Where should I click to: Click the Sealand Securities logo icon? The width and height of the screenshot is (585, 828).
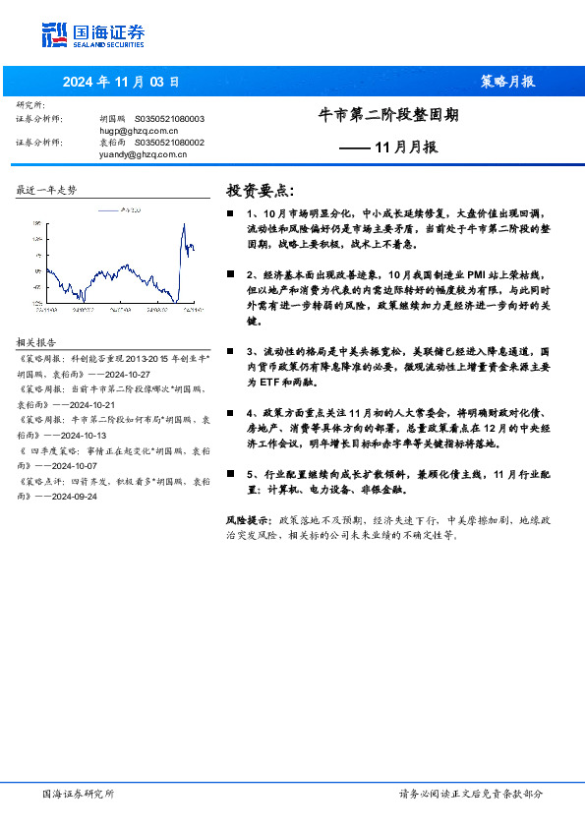[x=55, y=35]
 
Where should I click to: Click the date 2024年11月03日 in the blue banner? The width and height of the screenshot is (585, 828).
[x=121, y=82]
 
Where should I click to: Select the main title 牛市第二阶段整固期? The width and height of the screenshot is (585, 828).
[x=389, y=115]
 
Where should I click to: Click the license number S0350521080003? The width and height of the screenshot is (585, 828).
[x=169, y=118]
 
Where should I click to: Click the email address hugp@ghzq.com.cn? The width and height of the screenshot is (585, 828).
[x=139, y=129]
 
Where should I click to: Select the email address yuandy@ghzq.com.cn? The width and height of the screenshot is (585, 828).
[x=143, y=152]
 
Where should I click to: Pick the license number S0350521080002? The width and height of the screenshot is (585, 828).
[x=169, y=142]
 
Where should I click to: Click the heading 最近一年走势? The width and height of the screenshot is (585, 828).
[x=46, y=189]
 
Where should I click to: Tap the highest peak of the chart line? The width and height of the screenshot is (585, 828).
[x=184, y=225]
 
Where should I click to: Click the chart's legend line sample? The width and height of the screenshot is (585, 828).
[x=107, y=209]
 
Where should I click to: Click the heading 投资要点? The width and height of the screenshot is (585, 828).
[x=260, y=190]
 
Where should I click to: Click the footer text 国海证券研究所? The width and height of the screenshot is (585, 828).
[x=79, y=794]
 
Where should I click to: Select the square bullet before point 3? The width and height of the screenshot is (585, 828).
[x=231, y=351]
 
